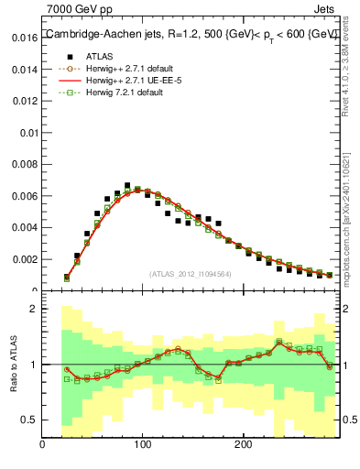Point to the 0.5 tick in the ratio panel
click(29, 420)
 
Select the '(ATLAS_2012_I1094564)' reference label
click(191, 274)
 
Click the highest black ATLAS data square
click(127, 185)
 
